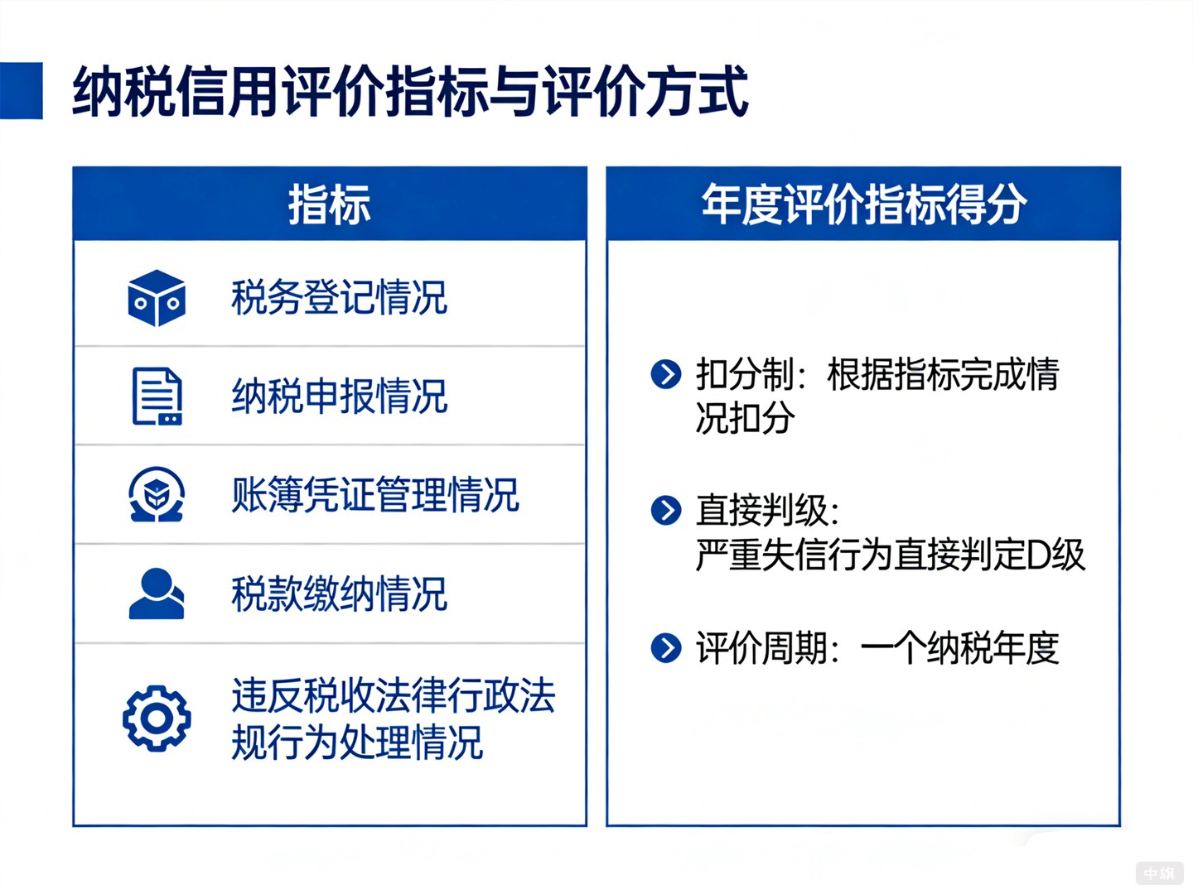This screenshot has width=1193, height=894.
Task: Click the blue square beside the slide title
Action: [x=21, y=91]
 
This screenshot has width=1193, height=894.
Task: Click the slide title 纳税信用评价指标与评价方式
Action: [x=411, y=91]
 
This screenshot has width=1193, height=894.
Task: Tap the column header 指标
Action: [x=330, y=204]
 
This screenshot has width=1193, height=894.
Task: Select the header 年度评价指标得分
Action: [x=863, y=204]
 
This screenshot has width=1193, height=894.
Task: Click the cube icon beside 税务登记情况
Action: [x=157, y=298]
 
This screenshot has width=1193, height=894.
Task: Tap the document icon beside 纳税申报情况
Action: [x=157, y=397]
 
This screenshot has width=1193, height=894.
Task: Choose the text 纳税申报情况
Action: [x=339, y=397]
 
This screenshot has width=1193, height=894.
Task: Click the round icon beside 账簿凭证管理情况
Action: [x=157, y=495]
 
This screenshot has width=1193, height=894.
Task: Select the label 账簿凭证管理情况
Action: [x=374, y=495]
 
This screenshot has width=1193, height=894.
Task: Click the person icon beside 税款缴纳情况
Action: [x=157, y=594]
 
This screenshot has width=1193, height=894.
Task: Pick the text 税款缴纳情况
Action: [x=339, y=594]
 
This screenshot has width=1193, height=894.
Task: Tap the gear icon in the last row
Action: [x=157, y=718]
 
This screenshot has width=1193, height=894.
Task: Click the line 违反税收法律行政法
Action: [x=393, y=695]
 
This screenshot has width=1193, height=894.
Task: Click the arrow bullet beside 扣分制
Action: [x=666, y=374]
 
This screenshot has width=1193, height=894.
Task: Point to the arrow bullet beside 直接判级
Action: [x=666, y=510]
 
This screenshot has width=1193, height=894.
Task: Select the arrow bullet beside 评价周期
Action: [x=666, y=647]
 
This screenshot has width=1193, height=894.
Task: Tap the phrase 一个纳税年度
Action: [x=959, y=647]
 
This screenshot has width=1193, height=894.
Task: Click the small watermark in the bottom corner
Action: [x=1159, y=873]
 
